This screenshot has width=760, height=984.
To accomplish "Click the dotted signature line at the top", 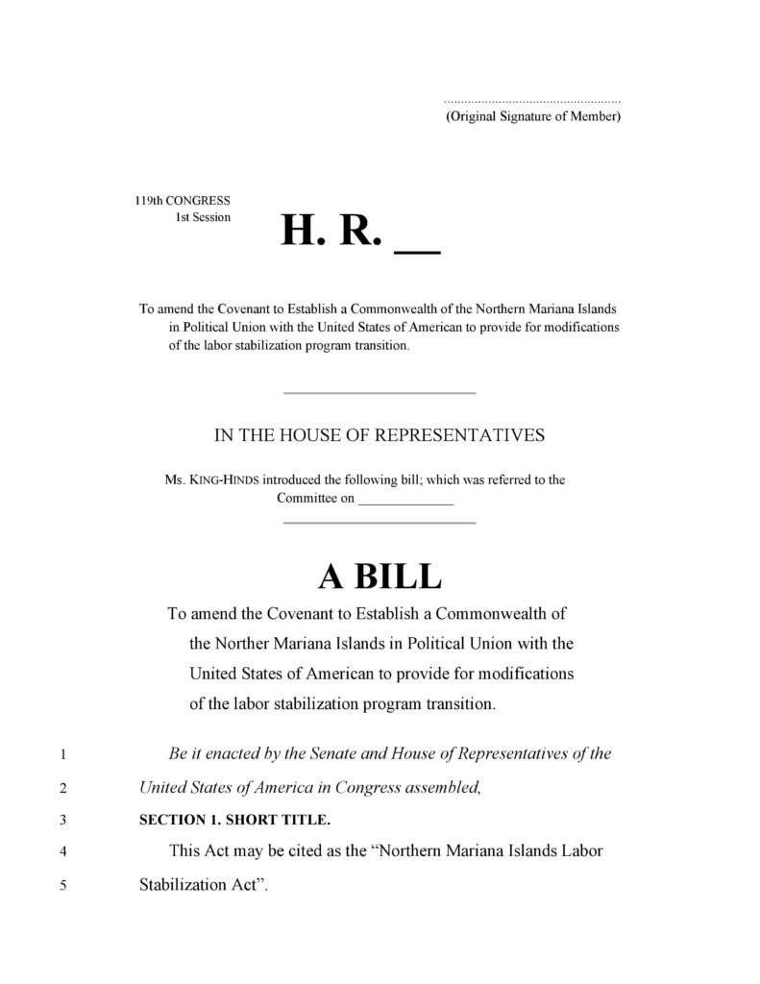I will [x=531, y=100].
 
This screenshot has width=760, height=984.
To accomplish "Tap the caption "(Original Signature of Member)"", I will [x=532, y=116].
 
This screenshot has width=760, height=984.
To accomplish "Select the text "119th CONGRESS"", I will [x=182, y=200].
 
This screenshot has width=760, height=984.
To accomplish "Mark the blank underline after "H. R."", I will [x=417, y=250].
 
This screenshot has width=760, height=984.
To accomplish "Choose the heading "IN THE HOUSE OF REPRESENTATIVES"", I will [x=379, y=435].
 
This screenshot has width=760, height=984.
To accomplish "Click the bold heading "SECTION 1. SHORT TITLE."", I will [x=234, y=820].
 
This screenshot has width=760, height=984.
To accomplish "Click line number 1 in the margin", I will [x=62, y=755].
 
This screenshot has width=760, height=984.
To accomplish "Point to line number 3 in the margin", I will [x=62, y=821].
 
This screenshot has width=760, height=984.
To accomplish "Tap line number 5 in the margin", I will [x=62, y=886].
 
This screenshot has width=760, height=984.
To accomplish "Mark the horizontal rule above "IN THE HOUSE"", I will [x=380, y=392].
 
